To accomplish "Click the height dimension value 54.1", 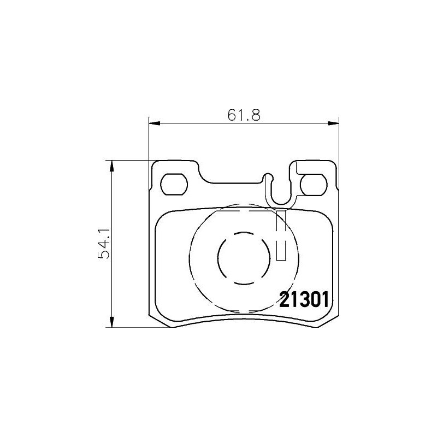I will [104, 243].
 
